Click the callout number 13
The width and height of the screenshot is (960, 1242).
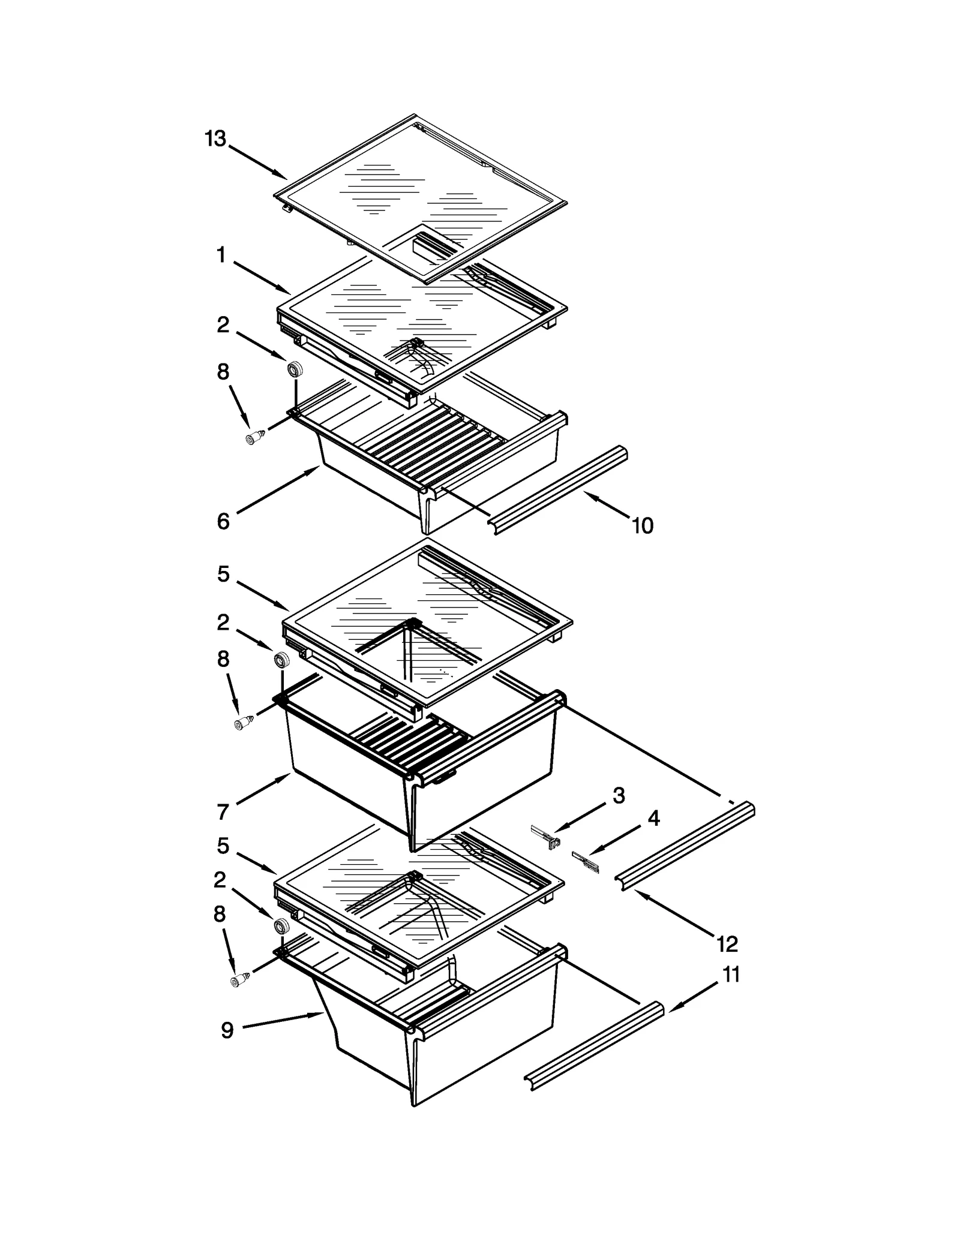215,139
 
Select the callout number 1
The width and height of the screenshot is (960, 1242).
221,255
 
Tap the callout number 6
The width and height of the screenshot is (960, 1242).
223,521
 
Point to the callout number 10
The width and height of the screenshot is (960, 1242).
642,526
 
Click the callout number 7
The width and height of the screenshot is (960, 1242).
223,812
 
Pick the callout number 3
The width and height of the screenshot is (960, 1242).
619,796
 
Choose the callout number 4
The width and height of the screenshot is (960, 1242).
653,818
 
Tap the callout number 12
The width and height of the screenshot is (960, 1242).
727,944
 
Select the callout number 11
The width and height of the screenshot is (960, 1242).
731,975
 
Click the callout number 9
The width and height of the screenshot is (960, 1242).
227,1030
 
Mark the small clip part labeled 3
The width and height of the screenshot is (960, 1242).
547,838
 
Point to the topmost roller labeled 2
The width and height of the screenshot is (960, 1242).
295,369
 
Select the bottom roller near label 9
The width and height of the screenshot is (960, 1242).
280,926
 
